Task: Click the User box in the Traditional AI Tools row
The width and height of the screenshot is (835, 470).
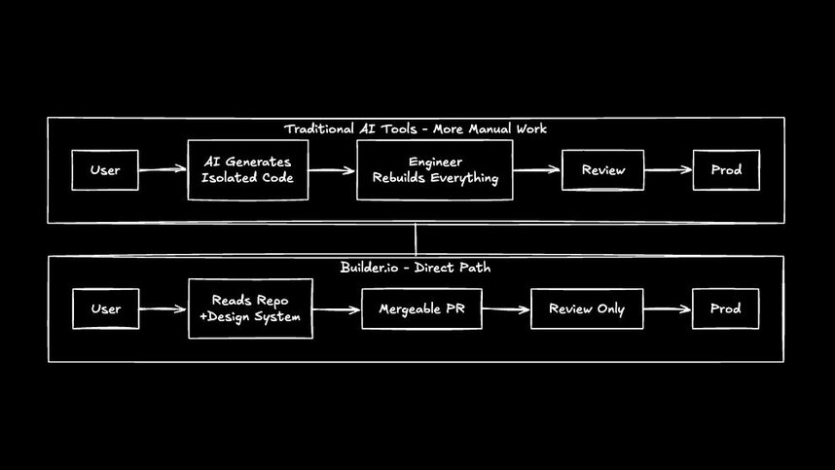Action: (x=105, y=170)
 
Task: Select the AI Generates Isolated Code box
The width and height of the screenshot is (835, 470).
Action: (x=247, y=170)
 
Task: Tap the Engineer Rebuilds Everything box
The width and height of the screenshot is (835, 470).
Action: (x=434, y=170)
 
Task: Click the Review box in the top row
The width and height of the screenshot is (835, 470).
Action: (x=602, y=170)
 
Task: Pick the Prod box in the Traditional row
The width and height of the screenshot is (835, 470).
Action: (x=725, y=170)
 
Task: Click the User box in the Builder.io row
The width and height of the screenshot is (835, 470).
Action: (x=105, y=309)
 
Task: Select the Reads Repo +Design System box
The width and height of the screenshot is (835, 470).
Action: (x=250, y=308)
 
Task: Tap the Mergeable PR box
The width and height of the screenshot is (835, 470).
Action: (x=421, y=309)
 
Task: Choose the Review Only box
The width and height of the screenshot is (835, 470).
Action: (x=586, y=309)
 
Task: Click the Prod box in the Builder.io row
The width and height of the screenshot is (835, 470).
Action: (x=725, y=309)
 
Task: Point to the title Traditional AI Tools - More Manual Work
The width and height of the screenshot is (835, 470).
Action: (x=416, y=129)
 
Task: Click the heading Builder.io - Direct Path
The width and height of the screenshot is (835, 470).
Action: (x=416, y=267)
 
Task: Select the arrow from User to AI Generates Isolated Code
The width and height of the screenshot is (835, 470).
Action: (x=163, y=170)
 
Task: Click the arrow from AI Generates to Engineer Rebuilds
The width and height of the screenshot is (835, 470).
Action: (x=332, y=170)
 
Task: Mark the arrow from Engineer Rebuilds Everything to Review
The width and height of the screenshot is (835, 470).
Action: (x=537, y=170)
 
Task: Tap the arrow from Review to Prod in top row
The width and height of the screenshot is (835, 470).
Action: (x=668, y=170)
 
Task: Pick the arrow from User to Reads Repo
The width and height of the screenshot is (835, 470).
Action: (x=163, y=309)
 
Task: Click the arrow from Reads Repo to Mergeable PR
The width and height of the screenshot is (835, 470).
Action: (x=337, y=309)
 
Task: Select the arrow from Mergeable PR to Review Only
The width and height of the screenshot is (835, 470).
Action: (x=506, y=309)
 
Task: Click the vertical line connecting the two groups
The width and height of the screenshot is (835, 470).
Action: (x=416, y=239)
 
